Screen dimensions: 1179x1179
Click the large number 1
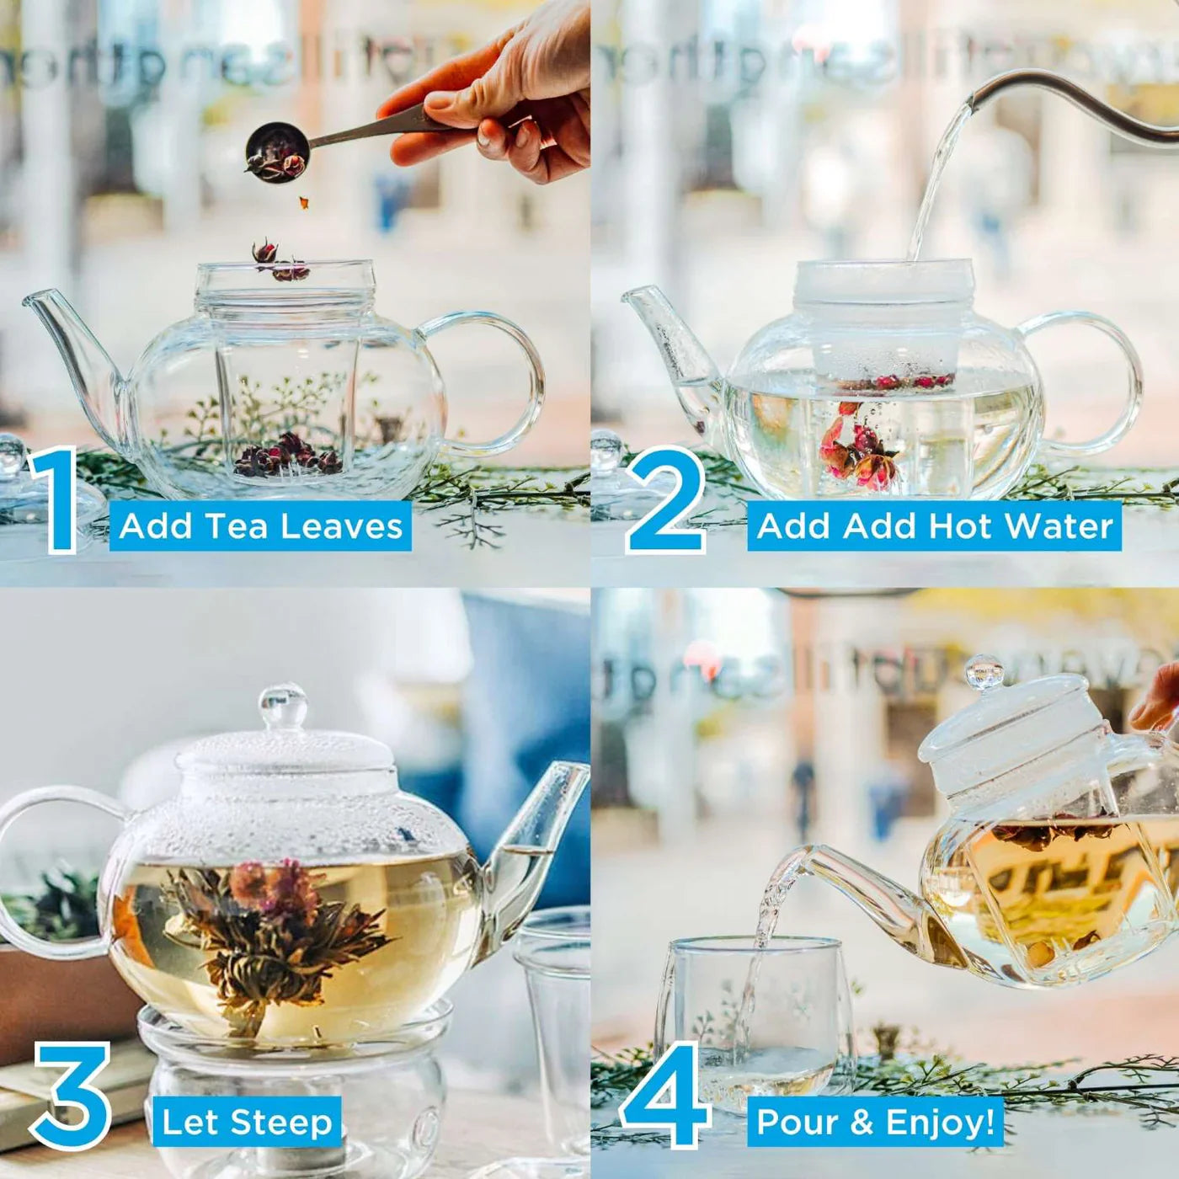coord(56,502)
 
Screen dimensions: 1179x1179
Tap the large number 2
coord(665,502)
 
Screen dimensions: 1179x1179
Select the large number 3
coord(72,1097)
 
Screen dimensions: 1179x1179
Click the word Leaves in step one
coord(341,526)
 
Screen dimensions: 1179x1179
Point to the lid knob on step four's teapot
coord(984,672)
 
